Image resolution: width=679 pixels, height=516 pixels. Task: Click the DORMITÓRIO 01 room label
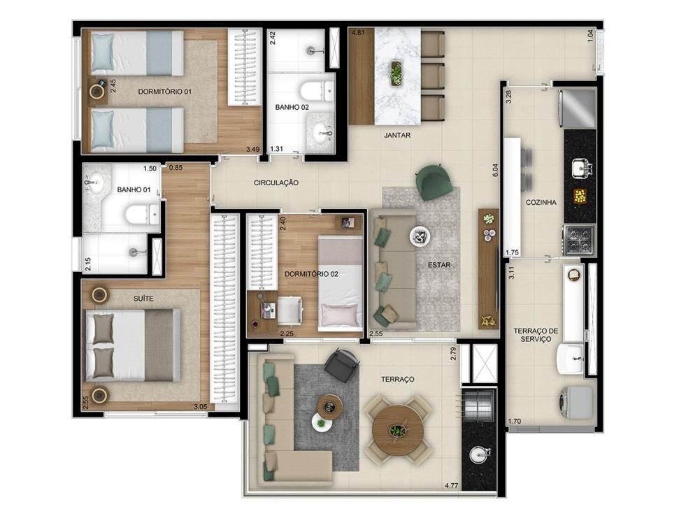tap(164, 92)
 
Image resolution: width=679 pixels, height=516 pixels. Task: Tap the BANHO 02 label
tap(292, 107)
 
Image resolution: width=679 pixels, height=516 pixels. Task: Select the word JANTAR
tap(397, 135)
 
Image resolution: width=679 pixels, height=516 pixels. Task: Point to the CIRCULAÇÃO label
tap(276, 182)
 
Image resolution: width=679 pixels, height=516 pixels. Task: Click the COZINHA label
tap(541, 202)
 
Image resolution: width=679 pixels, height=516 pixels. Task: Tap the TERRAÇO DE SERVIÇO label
tap(536, 335)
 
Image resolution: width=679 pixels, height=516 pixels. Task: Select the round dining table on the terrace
tap(398, 430)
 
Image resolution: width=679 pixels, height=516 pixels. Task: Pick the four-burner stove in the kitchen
tap(579, 239)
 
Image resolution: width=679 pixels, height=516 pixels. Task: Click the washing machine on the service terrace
tap(576, 403)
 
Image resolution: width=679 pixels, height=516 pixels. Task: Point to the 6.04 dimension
tap(496, 169)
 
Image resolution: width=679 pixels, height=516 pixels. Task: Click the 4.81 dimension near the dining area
tap(357, 32)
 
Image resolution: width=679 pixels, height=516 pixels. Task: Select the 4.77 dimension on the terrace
tap(451, 485)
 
